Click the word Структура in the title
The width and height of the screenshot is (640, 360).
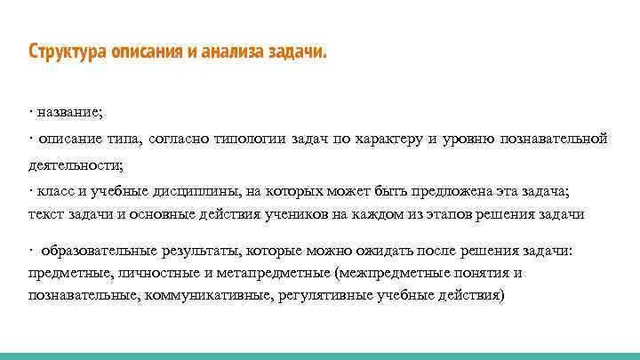pos(68,51)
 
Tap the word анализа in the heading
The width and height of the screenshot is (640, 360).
pos(228,51)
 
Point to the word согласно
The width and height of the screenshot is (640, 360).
pos(184,139)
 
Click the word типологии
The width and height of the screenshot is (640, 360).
pos(253,139)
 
